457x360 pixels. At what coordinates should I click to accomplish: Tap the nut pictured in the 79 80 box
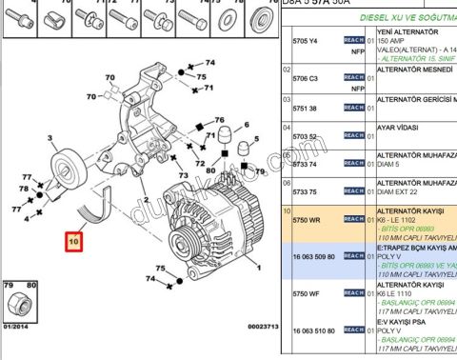18,306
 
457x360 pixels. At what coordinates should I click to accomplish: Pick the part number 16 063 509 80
313,256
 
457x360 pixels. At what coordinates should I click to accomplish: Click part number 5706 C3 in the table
306,79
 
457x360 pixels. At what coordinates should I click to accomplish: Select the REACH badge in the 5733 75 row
353,163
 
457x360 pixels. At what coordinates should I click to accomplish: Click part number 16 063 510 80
313,330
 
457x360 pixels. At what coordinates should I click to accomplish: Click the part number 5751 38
305,108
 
